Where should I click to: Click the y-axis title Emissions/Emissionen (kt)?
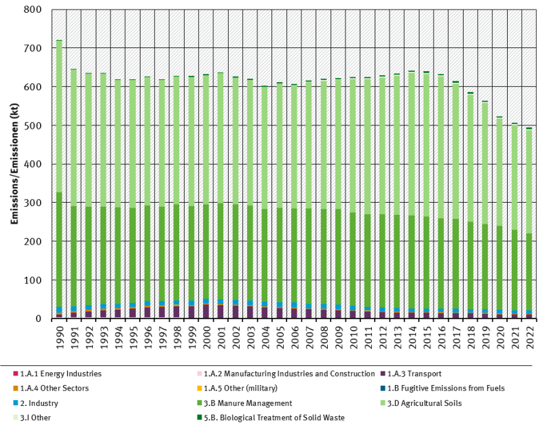point(14,165)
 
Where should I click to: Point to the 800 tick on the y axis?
point(33,10)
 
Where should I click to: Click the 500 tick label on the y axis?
point(33,126)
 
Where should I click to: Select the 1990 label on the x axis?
point(59,337)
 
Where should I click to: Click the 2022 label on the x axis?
point(529,337)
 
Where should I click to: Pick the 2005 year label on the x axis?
point(280,337)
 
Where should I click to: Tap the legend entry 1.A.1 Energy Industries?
point(60,373)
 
